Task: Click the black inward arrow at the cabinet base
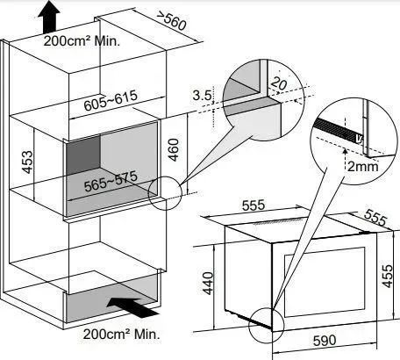point(133,307)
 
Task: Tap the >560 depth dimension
point(171,20)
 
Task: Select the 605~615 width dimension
point(111,100)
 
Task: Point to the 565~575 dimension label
point(111,182)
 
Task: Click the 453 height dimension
point(28,162)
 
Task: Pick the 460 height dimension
point(174,150)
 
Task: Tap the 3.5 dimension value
point(202,96)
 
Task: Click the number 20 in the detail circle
point(279,83)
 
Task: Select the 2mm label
point(362,167)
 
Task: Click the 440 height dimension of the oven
point(208,283)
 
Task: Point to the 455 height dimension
point(388,276)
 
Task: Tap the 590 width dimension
point(325,341)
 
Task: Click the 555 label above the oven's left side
point(254,205)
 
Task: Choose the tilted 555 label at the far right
point(375,217)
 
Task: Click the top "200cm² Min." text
point(82,41)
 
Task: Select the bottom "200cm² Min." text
point(122,334)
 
